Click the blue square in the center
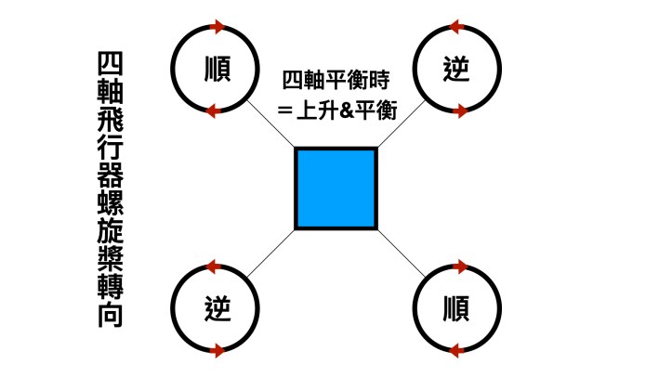(336, 188)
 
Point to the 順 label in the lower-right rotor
(456, 307)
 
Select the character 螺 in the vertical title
(112, 211)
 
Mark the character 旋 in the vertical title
(112, 240)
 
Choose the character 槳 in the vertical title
(112, 268)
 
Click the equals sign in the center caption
(284, 110)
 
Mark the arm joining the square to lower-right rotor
(401, 252)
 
